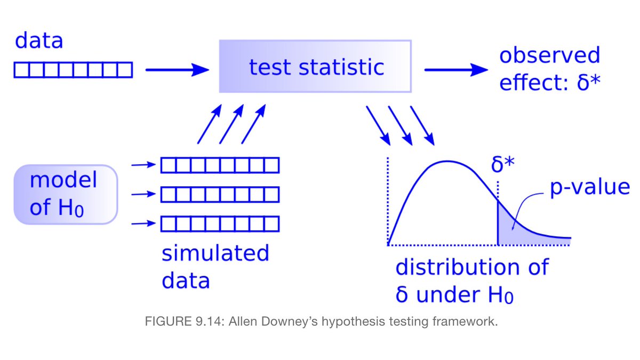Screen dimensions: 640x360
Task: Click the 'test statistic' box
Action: pos(315,67)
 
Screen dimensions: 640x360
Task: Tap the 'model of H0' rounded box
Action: pos(65,194)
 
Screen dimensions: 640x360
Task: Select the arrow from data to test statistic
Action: pos(177,69)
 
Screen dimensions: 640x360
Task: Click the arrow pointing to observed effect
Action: pos(456,69)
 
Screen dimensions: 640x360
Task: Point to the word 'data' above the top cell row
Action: pos(39,41)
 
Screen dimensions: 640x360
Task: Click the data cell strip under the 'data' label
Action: pos(73,70)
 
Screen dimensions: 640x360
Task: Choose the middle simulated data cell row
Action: pos(220,195)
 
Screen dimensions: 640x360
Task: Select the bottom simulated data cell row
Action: pos(220,223)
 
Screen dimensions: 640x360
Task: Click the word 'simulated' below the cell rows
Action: pos(215,253)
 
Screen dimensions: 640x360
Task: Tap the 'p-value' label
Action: pos(589,188)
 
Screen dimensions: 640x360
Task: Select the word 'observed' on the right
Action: pos(549,55)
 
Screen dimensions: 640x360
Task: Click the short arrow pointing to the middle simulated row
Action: pos(142,195)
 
